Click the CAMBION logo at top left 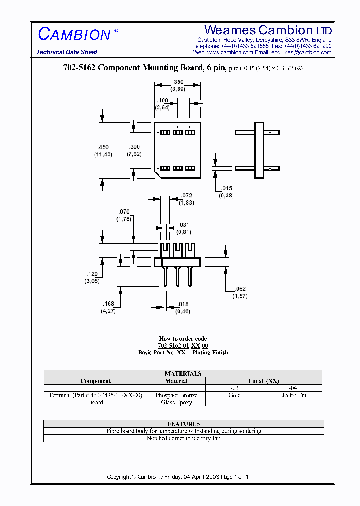tap(75, 34)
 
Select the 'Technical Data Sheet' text tap(67, 52)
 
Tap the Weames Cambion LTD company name tap(268, 30)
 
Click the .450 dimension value tap(103, 147)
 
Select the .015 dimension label tap(227, 188)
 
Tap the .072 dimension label tap(186, 195)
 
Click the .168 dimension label tap(108, 304)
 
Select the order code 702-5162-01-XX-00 tap(183, 345)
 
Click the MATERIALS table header tap(183, 373)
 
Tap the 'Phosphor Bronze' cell tap(176, 395)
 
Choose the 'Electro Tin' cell tap(293, 395)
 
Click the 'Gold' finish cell tap(234, 395)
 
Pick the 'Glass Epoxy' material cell tap(176, 402)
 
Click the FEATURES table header tap(184, 423)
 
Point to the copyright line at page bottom tap(178, 477)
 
